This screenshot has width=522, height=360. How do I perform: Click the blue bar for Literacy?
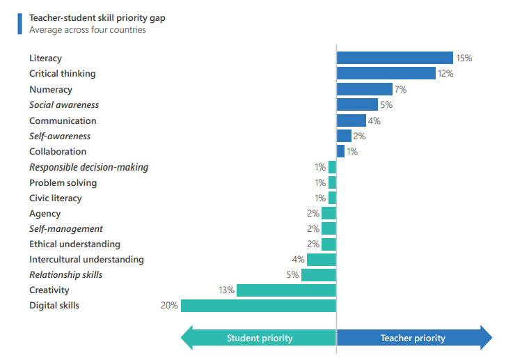pos(395,58)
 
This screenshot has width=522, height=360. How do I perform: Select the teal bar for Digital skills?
pos(258,306)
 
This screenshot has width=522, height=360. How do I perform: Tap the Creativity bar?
pos(286,290)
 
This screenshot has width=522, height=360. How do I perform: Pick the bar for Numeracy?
pos(365,89)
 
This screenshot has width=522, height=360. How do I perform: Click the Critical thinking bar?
pos(386,74)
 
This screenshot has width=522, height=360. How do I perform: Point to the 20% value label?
pos(170,306)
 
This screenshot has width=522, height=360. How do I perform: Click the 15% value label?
pos(464,58)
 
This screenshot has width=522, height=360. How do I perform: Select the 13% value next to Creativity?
pos(226,290)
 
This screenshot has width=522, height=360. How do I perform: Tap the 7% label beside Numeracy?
pos(400,89)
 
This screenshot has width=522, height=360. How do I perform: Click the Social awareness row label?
pos(64,105)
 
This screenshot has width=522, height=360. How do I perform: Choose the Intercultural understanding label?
pos(86,260)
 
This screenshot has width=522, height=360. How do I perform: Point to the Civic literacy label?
pos(55,198)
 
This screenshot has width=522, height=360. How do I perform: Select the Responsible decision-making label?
pos(88,167)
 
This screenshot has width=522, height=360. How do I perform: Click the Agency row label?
pos(45,214)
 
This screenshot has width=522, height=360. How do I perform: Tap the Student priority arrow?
pos(259,338)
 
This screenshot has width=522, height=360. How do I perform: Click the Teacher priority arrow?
pos(413,338)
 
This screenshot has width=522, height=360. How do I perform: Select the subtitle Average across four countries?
pos(88,30)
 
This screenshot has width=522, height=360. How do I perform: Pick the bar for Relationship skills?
pos(319,275)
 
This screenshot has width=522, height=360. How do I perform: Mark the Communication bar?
pos(351,120)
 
